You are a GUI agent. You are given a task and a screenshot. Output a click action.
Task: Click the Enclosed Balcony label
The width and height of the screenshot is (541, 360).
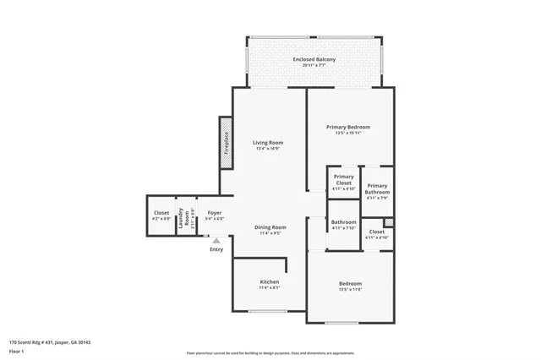[314, 59]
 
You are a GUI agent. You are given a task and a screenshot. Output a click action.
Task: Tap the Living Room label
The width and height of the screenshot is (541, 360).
[267, 143]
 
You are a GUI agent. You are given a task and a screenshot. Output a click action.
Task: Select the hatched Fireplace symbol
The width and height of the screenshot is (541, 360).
[227, 141]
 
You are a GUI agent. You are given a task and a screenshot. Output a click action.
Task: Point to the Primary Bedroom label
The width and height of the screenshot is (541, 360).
[348, 127]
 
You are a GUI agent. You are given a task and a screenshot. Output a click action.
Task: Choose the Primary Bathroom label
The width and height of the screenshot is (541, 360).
[377, 188]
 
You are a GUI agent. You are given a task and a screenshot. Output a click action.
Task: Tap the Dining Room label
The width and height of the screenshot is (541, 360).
[271, 226]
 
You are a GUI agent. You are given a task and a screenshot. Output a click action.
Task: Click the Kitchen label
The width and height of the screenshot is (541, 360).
[269, 281]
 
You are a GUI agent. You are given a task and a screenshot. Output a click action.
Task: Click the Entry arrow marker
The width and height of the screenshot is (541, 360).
[216, 241]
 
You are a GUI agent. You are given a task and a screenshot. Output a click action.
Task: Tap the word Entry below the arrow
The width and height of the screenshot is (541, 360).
[216, 249]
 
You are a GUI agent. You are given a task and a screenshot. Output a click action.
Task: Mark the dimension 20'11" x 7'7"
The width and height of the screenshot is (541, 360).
[314, 65]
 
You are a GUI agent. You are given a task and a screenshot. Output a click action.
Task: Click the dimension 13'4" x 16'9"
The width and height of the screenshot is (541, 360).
[267, 149]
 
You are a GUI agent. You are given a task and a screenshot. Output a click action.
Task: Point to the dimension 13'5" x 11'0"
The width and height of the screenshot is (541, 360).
[350, 289]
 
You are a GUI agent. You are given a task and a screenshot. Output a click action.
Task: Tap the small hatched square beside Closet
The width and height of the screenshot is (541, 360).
[388, 221]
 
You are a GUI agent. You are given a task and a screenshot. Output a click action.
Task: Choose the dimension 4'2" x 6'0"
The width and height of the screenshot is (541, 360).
[161, 218]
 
